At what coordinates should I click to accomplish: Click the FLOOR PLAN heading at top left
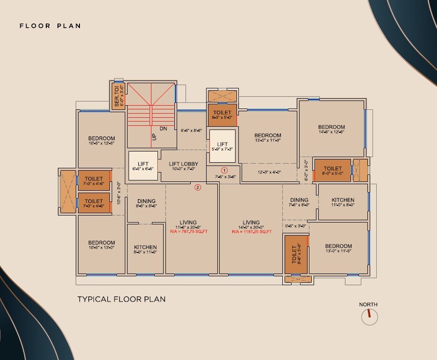click(50, 26)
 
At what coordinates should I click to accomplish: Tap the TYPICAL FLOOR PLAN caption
click(121, 299)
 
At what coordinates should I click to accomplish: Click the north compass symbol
click(369, 317)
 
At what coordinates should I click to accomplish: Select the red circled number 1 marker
click(224, 170)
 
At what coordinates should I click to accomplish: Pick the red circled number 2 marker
click(198, 187)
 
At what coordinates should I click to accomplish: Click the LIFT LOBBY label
click(183, 164)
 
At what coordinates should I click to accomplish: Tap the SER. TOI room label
click(118, 97)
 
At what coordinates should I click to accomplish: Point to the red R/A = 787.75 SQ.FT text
click(188, 231)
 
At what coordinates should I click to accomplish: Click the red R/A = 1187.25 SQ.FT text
click(251, 231)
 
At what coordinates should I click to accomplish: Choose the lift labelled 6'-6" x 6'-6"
click(143, 166)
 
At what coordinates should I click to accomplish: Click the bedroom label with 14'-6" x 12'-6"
click(331, 130)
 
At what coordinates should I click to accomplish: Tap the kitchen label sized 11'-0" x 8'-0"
click(343, 202)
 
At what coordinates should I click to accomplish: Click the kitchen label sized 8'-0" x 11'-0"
click(145, 249)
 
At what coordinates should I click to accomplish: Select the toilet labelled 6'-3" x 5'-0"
click(222, 115)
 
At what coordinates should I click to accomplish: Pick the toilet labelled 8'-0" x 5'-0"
click(332, 171)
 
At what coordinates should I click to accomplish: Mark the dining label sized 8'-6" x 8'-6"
click(146, 203)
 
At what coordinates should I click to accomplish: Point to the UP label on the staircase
click(153, 137)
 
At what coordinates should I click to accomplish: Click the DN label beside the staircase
click(163, 129)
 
